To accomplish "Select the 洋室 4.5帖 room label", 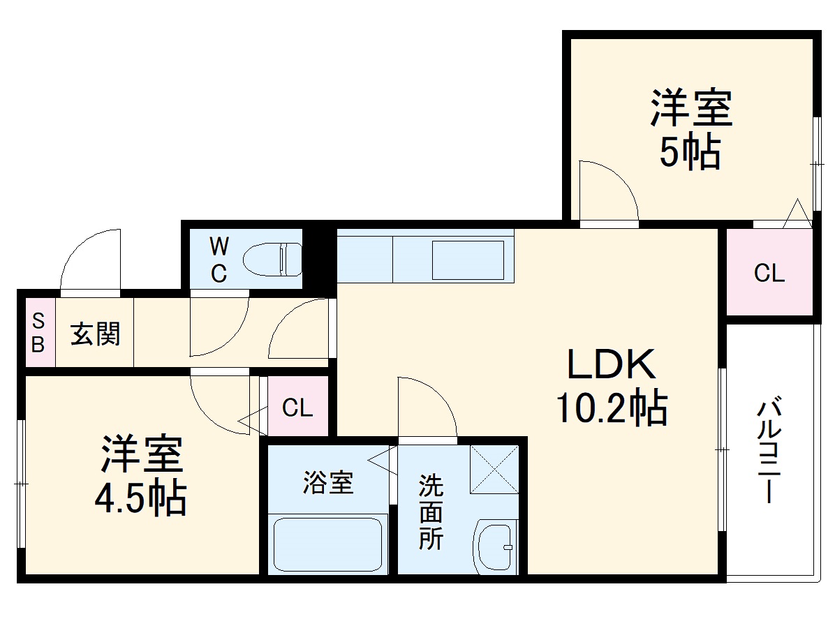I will click(x=142, y=475).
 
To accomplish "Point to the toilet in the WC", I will click(x=273, y=259).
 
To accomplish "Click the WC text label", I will click(x=219, y=259).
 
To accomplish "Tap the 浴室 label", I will click(x=327, y=483).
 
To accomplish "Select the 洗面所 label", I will click(x=430, y=512).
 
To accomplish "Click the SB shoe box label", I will click(x=39, y=333).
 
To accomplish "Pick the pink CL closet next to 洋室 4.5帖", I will click(x=297, y=408).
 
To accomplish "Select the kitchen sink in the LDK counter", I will click(x=468, y=260).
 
